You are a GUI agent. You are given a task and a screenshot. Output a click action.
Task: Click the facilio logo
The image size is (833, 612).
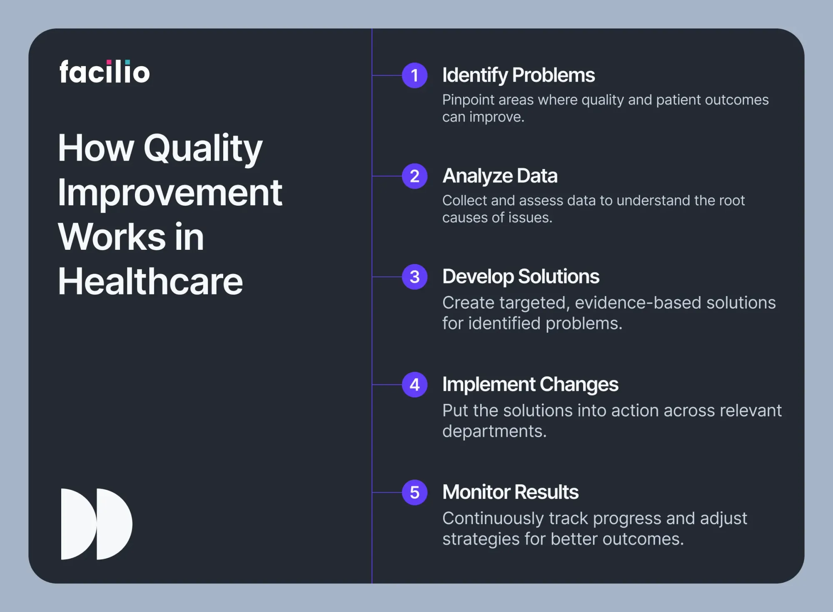(x=105, y=72)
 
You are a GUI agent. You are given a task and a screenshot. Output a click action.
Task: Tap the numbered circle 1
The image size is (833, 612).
(x=414, y=75)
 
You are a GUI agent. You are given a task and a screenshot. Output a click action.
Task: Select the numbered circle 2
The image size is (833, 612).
(x=414, y=176)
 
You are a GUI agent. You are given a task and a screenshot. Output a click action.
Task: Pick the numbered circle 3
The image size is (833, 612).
(x=414, y=277)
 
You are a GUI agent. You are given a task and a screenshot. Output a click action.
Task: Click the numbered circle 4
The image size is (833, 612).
(x=414, y=385)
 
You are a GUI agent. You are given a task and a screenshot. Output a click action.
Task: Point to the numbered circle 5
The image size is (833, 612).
(x=414, y=493)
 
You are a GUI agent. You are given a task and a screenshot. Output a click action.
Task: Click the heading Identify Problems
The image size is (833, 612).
(x=519, y=76)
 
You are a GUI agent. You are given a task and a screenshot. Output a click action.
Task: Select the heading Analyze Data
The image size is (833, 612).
(x=500, y=176)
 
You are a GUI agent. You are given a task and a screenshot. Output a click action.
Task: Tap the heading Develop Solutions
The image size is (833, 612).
(x=521, y=277)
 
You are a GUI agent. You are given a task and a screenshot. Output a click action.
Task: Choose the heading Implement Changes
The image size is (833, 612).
(x=530, y=385)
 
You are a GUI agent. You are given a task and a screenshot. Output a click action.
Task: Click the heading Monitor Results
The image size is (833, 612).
(x=510, y=492)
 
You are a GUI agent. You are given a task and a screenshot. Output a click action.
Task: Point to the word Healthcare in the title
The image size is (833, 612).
(x=150, y=281)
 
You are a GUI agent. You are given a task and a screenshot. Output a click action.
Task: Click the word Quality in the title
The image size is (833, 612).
(x=203, y=149)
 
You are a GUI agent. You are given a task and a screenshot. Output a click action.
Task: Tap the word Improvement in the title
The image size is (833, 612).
(x=170, y=194)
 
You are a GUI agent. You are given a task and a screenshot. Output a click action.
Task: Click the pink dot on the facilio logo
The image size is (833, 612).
(x=109, y=62)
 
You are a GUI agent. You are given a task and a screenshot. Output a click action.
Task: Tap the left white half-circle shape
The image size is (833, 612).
(x=77, y=524)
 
